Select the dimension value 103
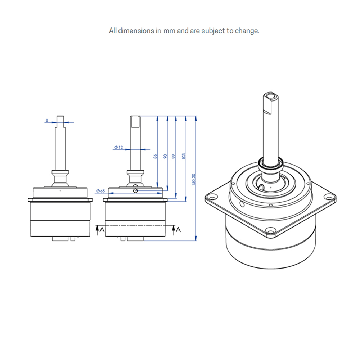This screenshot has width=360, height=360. click(x=183, y=156)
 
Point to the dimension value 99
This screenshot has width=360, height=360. click(x=174, y=156)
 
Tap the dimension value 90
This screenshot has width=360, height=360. click(x=165, y=156)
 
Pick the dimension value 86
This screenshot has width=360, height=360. click(x=155, y=156)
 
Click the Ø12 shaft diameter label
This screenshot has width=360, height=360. click(x=118, y=147)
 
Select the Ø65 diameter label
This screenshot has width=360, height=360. click(x=100, y=191)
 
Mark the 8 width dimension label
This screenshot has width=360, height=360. click(x=47, y=120)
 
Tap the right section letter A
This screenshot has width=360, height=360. click(x=179, y=230)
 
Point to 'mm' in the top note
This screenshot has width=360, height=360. click(x=170, y=31)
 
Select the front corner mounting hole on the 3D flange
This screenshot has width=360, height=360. click(x=270, y=231)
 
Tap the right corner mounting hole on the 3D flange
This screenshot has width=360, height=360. click(x=328, y=197)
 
